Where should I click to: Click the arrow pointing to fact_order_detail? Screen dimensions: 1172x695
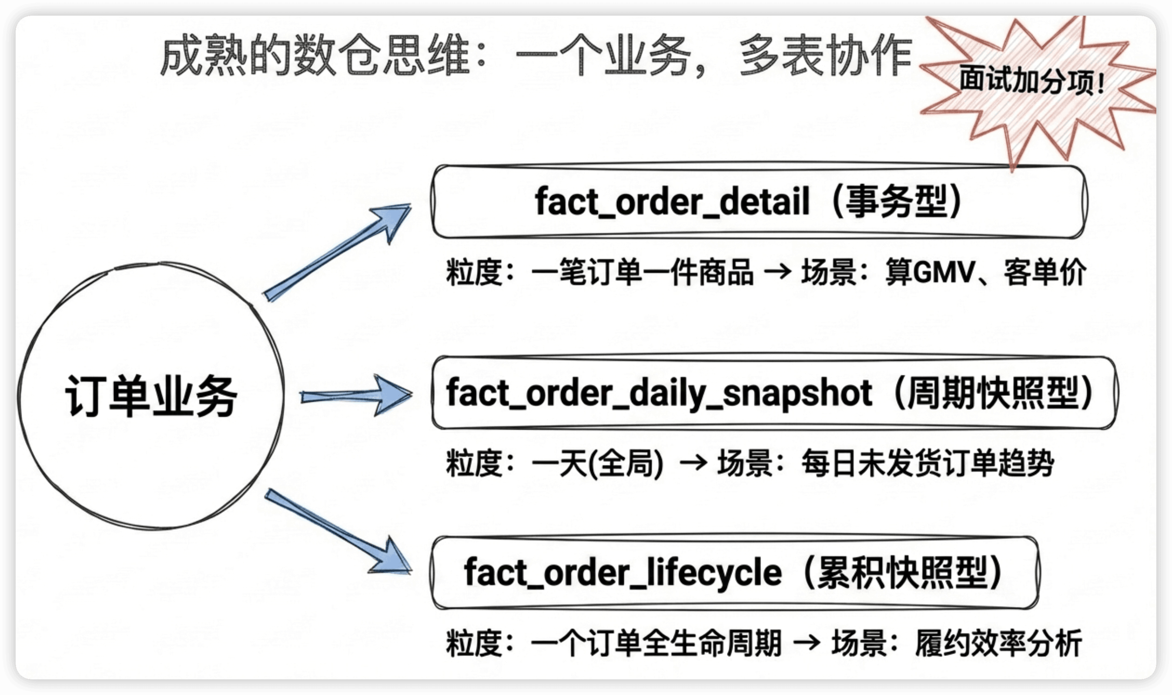336,252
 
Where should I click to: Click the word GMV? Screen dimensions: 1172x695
944,272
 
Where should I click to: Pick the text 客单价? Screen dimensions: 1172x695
1044,272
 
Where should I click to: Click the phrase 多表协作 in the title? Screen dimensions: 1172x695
825,55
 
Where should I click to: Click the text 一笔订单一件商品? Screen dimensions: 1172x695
643,272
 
